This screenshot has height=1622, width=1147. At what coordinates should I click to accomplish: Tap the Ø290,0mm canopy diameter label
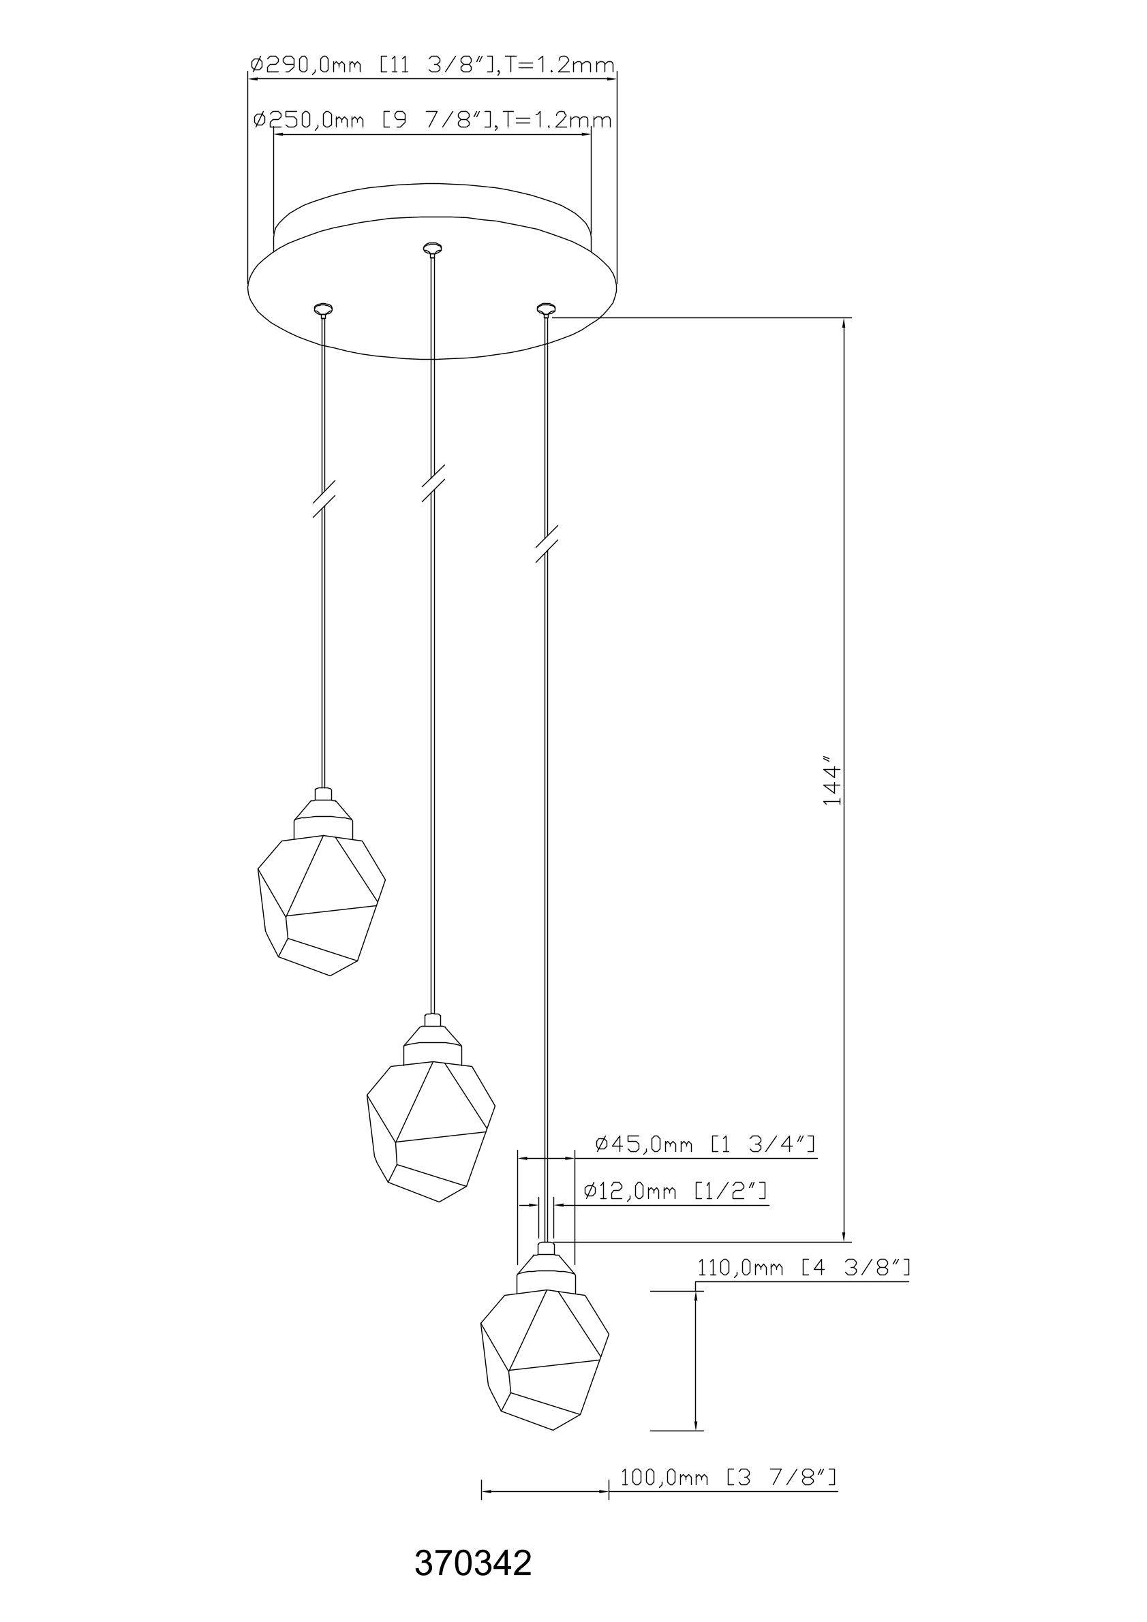click(433, 65)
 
